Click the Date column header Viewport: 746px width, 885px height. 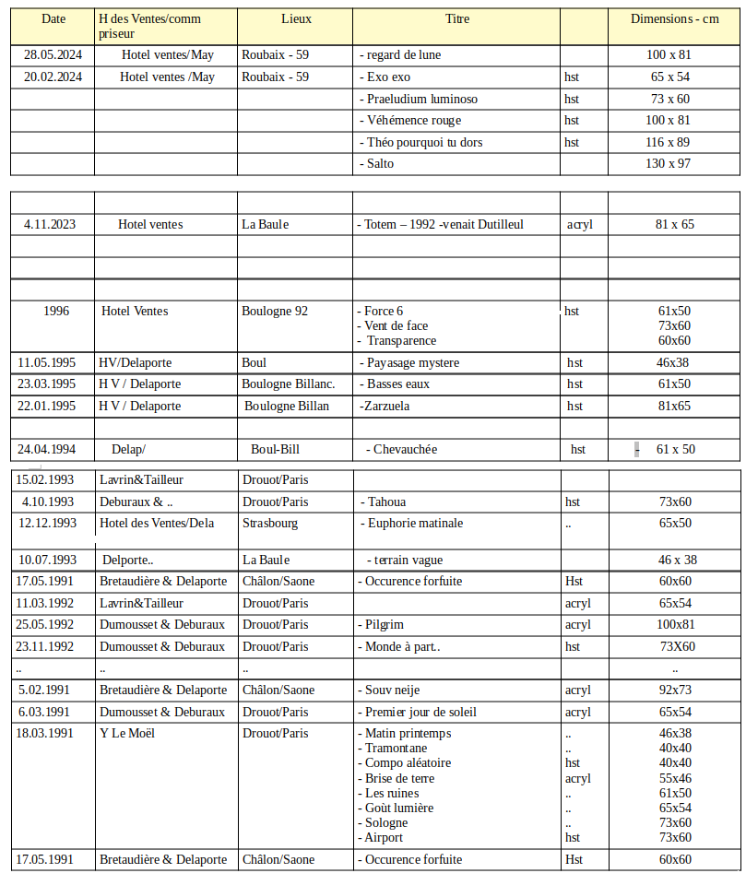click(x=53, y=18)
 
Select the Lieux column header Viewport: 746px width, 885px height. click(x=296, y=18)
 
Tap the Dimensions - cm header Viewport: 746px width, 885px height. click(x=674, y=18)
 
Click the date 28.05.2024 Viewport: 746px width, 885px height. click(x=53, y=54)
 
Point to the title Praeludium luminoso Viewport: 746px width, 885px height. click(x=421, y=99)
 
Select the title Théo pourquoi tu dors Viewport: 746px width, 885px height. click(x=424, y=142)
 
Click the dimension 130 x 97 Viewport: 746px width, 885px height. click(x=669, y=163)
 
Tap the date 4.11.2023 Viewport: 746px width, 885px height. click(x=50, y=224)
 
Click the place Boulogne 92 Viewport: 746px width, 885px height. click(x=275, y=311)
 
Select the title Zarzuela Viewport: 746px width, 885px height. click(x=385, y=406)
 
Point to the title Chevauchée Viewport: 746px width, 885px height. click(x=405, y=449)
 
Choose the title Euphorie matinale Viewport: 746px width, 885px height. click(x=414, y=523)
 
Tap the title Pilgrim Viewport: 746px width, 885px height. click(x=385, y=624)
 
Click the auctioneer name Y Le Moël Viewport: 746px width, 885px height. click(x=127, y=733)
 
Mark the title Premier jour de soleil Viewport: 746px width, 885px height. click(x=420, y=712)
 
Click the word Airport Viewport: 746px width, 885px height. click(x=384, y=837)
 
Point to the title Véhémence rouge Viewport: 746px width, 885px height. click(x=414, y=120)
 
